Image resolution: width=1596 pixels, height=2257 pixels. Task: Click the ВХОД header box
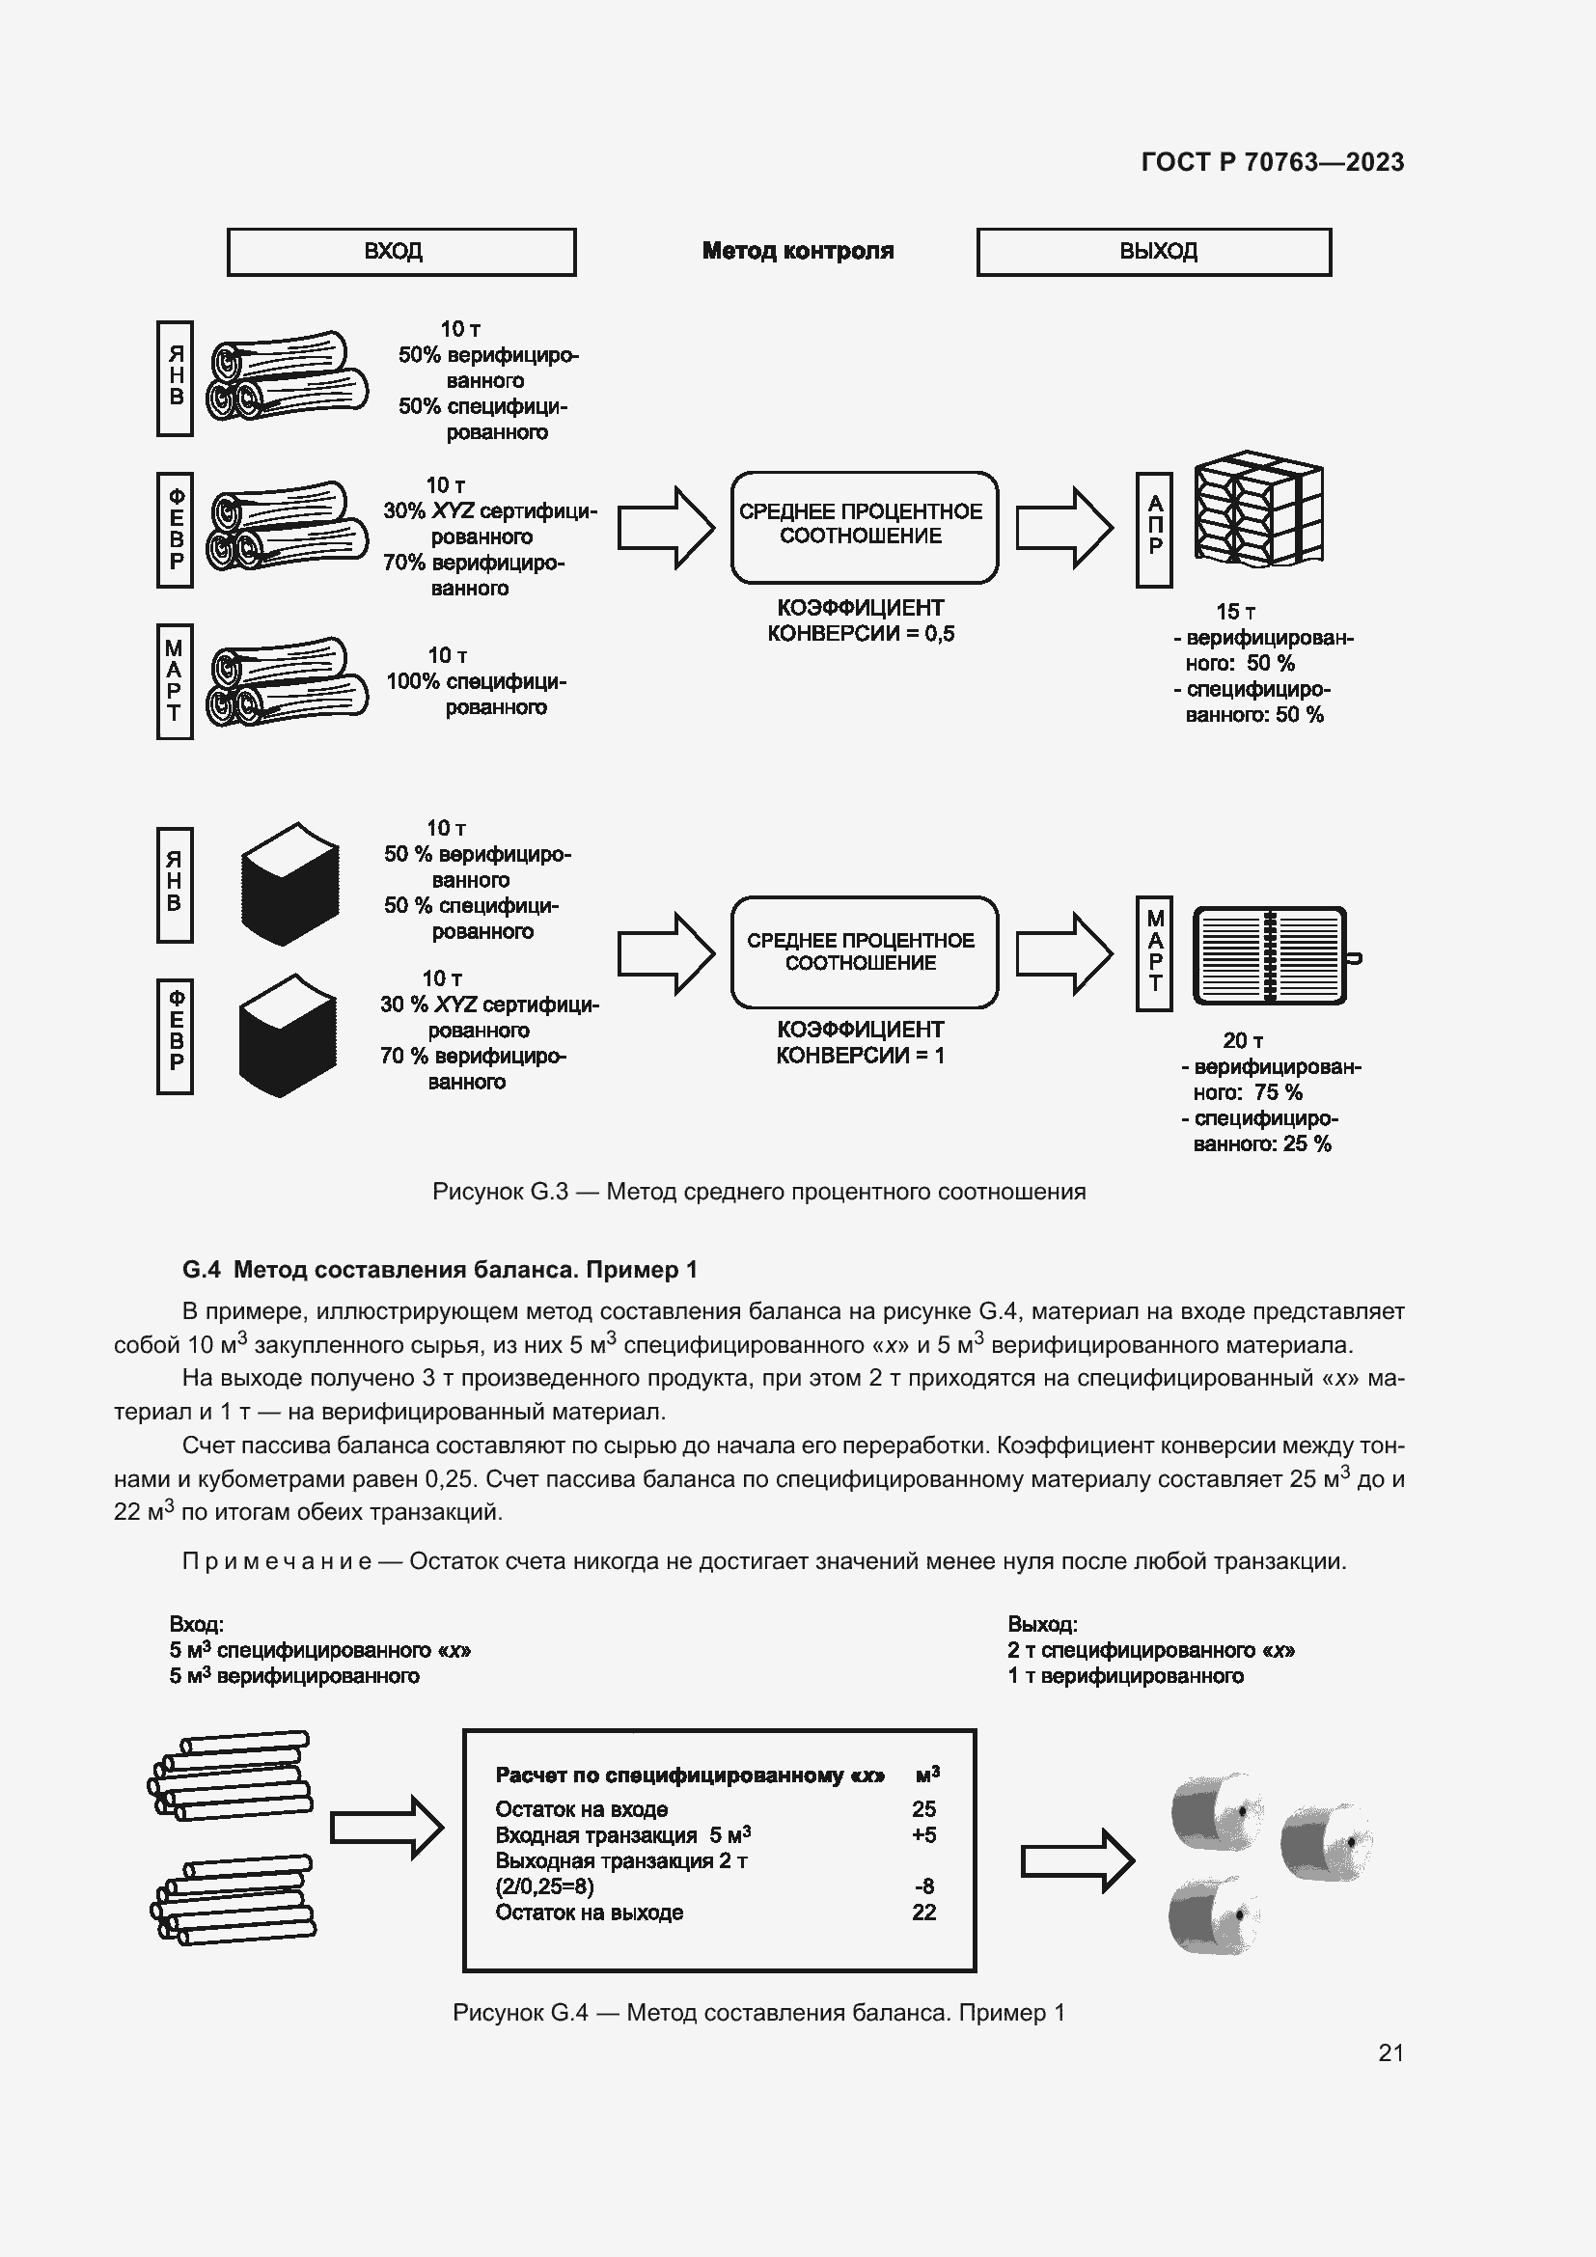[x=401, y=252]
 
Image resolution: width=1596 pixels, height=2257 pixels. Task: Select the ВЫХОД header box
[x=1154, y=252]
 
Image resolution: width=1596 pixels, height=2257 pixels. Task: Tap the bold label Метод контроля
[x=798, y=252]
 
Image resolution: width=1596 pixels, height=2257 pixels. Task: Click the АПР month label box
[x=1154, y=530]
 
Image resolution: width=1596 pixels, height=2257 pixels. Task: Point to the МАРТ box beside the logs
[x=174, y=680]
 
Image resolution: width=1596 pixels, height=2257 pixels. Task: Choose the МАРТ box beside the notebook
[x=1154, y=952]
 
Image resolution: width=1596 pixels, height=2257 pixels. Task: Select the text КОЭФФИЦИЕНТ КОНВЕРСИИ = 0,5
[x=860, y=620]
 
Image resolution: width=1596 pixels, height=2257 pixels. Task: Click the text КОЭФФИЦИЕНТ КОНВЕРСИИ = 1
[x=860, y=1042]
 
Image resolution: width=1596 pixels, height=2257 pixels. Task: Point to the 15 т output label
[x=1235, y=612]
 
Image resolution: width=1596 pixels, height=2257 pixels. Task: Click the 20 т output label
[x=1242, y=1040]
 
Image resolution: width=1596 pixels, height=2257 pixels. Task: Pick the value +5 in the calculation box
[x=923, y=1834]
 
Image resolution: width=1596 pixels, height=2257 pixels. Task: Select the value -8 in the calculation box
[x=923, y=1885]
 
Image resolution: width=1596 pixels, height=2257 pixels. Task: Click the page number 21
[x=1390, y=2052]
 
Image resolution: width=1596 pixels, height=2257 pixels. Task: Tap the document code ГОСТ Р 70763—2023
[x=1273, y=162]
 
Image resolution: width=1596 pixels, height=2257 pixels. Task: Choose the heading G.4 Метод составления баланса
[x=439, y=1270]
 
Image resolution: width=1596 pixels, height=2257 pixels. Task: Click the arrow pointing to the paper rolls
[x=1077, y=1859]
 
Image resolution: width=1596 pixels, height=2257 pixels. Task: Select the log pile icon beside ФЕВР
[x=287, y=528]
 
